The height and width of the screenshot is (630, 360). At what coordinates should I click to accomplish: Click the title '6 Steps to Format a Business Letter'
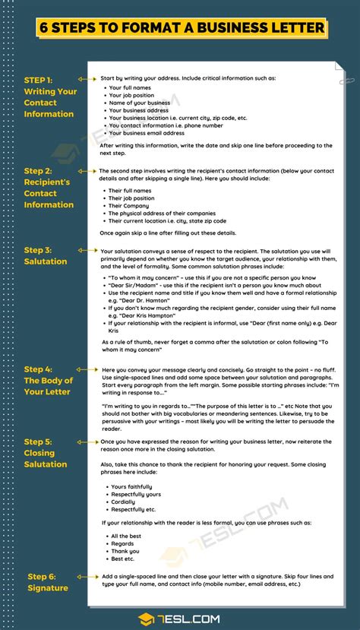[x=180, y=28]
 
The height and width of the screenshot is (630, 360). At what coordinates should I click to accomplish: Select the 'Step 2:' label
[x=38, y=171]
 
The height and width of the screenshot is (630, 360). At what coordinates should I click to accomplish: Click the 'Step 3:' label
[x=38, y=249]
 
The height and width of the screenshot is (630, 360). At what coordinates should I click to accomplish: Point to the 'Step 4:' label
[x=38, y=369]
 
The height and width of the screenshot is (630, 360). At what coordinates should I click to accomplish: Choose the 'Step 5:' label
[x=38, y=442]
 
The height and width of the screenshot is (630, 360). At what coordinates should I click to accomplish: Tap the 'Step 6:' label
[x=42, y=577]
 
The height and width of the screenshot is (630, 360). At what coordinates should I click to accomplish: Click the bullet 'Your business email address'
[x=147, y=133]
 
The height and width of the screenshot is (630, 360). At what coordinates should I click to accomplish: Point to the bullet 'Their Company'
[x=128, y=205]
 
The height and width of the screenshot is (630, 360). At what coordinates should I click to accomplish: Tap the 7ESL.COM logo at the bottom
[x=180, y=619]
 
